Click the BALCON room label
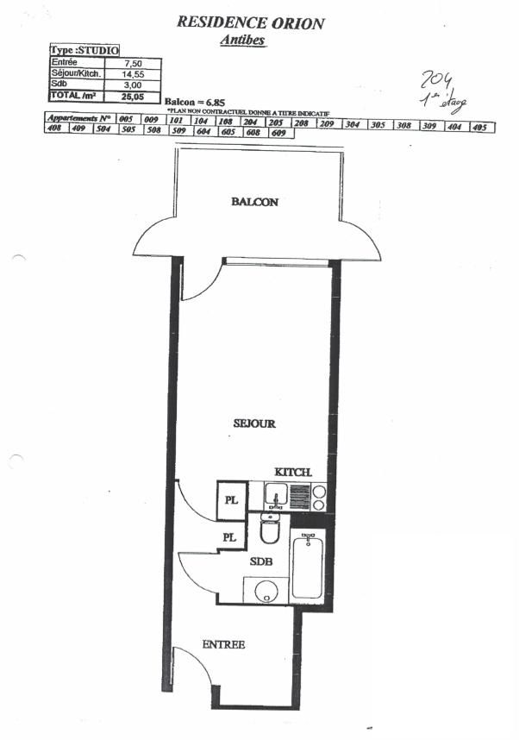[x=254, y=202]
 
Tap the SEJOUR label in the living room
[x=254, y=423]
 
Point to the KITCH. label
[x=292, y=473]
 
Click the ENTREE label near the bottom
[x=224, y=644]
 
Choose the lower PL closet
[x=228, y=536]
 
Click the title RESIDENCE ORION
[x=250, y=23]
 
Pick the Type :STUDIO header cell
[x=84, y=52]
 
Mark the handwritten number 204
[x=435, y=82]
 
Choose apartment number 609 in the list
[x=278, y=134]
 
